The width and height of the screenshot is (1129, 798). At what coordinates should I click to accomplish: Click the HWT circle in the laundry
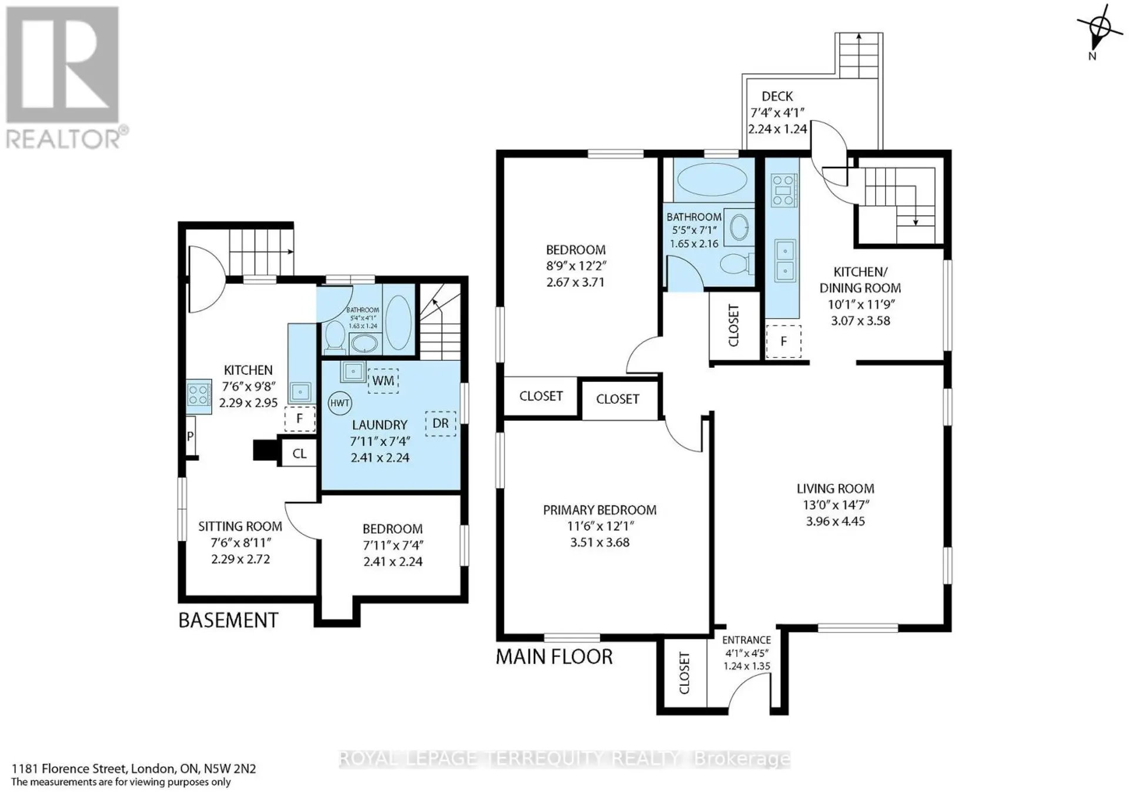(340, 403)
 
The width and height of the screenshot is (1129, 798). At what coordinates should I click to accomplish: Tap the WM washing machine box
(383, 381)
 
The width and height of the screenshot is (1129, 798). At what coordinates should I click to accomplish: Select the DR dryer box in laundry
(440, 424)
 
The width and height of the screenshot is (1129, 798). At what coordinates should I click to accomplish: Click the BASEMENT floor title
(228, 621)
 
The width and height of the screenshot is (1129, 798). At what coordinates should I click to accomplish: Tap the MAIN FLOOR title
(554, 656)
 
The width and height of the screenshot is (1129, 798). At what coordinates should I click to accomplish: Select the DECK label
(777, 96)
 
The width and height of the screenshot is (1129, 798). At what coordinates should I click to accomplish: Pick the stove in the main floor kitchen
(784, 190)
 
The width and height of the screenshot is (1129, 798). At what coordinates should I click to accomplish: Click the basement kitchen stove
(199, 394)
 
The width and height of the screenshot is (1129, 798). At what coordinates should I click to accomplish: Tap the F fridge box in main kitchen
(783, 341)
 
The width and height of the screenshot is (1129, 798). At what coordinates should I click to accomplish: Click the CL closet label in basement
(299, 454)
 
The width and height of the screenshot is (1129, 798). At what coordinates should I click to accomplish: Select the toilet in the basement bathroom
(335, 337)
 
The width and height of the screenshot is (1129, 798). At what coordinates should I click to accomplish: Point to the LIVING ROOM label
(836, 488)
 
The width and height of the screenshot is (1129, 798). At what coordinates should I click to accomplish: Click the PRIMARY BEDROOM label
(600, 510)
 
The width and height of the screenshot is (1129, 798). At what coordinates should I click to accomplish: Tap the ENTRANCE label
(747, 640)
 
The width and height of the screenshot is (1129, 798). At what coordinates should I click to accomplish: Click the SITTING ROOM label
(240, 527)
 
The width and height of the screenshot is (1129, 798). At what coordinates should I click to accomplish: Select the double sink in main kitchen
(785, 260)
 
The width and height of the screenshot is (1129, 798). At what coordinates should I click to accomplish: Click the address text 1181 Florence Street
(69, 769)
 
